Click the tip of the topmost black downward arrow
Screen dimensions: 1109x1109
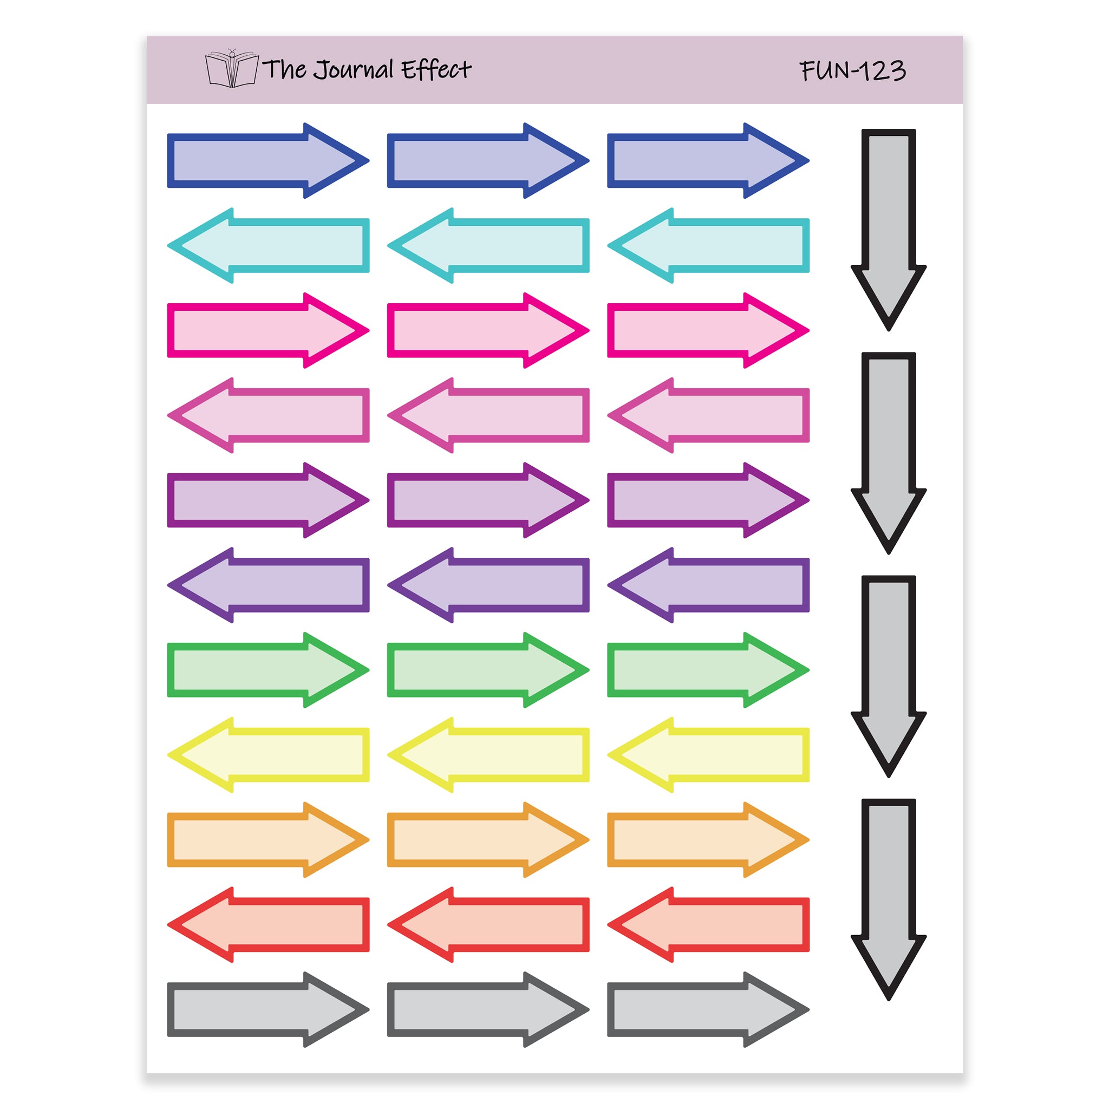(889, 331)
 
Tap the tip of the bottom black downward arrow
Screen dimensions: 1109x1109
(889, 1001)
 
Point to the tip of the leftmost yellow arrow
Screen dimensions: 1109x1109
(168, 755)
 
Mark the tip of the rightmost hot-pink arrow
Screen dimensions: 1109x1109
(809, 331)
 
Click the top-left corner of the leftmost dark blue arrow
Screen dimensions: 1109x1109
(168, 134)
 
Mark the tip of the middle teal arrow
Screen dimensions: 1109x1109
(388, 246)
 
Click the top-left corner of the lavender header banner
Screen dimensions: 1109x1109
(147, 36)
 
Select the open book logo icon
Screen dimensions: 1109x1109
(232, 68)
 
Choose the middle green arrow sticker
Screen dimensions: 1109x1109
(488, 670)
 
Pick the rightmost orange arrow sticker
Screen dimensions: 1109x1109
(708, 840)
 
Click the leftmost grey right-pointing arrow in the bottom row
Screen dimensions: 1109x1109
(268, 1010)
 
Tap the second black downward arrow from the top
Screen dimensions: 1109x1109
(889, 453)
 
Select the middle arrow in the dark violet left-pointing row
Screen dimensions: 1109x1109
(488, 585)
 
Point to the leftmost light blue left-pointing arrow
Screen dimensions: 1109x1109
(268, 246)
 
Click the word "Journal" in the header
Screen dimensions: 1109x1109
(354, 70)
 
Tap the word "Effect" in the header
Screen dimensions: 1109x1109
(436, 69)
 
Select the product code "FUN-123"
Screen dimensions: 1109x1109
(853, 70)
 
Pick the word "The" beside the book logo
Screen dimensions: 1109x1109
(284, 69)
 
